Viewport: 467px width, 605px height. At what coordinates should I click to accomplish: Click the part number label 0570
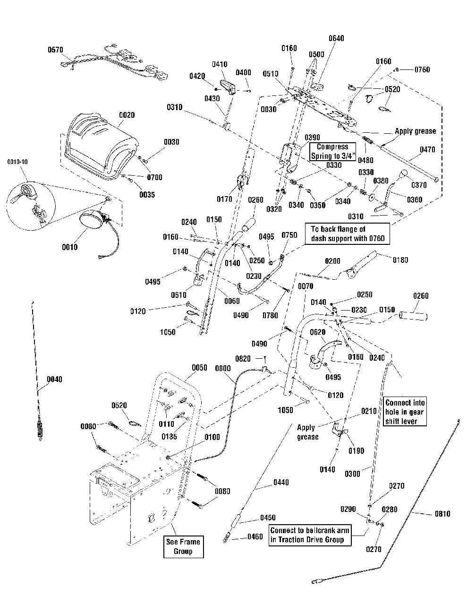[x=55, y=50]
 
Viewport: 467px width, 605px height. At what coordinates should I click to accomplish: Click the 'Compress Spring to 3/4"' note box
[x=332, y=152]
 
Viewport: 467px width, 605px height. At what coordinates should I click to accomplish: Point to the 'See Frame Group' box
[x=183, y=546]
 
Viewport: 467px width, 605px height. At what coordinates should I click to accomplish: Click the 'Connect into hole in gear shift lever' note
[x=405, y=412]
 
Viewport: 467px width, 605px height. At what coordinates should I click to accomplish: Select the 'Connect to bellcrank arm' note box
[x=310, y=535]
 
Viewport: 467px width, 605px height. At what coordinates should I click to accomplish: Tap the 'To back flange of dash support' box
[x=348, y=234]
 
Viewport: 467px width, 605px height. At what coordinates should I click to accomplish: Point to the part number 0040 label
[x=54, y=379]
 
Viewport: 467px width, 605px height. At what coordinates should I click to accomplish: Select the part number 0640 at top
[x=336, y=38]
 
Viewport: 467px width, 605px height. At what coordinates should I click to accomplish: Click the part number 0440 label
[x=280, y=483]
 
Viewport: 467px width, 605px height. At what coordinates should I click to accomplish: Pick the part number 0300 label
[x=353, y=473]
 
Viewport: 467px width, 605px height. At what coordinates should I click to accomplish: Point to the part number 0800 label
[x=223, y=369]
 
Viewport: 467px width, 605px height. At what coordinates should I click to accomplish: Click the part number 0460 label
[x=268, y=536]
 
